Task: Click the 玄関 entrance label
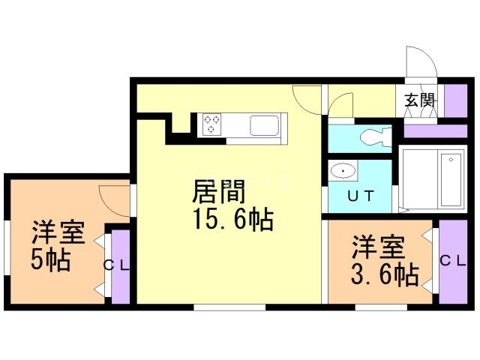(420, 100)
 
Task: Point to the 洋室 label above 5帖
(57, 232)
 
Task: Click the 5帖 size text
(50, 260)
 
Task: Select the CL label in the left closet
(117, 264)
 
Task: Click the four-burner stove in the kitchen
(211, 124)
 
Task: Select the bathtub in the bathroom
(451, 179)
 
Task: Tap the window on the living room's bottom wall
(229, 307)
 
